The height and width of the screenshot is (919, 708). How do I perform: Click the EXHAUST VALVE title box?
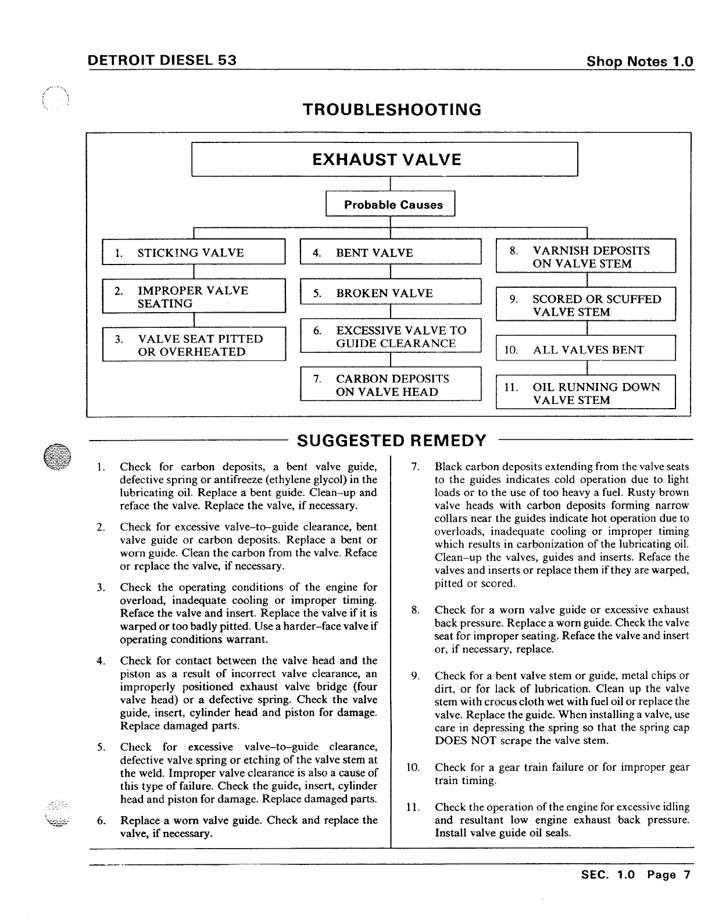[x=385, y=159]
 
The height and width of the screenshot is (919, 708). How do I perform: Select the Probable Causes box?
[x=390, y=204]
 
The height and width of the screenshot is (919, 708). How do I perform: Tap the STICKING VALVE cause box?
[x=194, y=252]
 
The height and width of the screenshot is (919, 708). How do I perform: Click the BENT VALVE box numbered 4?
[x=391, y=252]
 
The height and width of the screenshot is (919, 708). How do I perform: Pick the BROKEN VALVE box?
[x=391, y=293]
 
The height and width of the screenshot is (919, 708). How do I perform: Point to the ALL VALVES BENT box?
[x=585, y=349]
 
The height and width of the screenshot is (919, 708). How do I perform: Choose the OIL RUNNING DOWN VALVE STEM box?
[x=585, y=393]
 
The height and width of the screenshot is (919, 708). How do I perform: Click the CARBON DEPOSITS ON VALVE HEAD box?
[x=391, y=385]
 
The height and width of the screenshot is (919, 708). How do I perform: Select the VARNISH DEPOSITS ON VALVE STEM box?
[x=585, y=256]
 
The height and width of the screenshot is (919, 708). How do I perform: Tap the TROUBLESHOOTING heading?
[x=392, y=109]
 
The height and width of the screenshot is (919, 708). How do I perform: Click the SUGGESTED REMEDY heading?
[x=391, y=440]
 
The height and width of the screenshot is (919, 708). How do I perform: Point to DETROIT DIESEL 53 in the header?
[x=162, y=60]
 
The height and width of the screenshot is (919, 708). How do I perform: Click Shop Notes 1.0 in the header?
[x=640, y=61]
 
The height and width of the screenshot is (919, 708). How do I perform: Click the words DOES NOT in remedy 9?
[x=463, y=741]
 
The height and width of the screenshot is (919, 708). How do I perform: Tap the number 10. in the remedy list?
[x=412, y=767]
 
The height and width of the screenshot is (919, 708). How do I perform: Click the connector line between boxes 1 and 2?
[x=194, y=272]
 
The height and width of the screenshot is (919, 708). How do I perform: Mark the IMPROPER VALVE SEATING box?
[x=194, y=296]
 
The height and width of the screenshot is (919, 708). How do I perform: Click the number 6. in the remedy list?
[x=101, y=821]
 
